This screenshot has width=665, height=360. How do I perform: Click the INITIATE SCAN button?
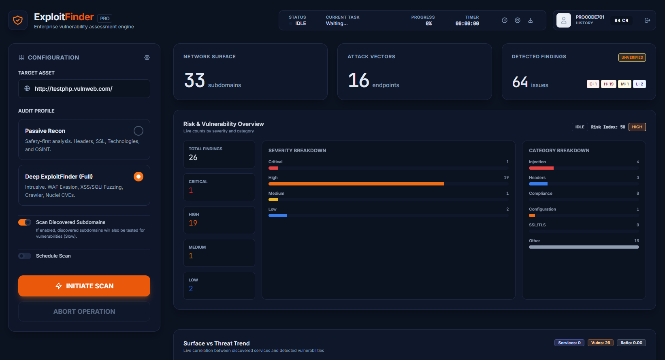click(84, 286)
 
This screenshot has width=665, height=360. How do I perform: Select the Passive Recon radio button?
click(139, 131)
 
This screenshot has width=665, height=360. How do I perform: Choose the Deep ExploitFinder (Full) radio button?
click(139, 177)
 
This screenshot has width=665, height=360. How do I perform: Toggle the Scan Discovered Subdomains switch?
click(25, 222)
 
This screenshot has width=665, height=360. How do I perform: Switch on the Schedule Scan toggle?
click(25, 256)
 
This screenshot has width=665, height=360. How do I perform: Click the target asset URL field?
click(84, 89)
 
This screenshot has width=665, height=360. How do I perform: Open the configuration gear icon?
click(147, 58)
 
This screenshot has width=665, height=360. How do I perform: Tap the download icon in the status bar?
click(531, 20)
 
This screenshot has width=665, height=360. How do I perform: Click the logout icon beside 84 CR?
click(648, 20)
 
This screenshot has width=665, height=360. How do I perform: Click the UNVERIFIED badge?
click(632, 58)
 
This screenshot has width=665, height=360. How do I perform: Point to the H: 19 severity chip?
click(608, 84)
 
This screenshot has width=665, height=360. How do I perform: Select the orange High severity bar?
click(356, 184)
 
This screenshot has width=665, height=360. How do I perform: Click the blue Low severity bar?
click(278, 215)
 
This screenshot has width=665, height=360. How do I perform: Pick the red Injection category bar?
click(541, 168)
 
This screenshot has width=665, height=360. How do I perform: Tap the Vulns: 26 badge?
click(601, 343)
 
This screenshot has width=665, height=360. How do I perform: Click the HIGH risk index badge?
click(637, 127)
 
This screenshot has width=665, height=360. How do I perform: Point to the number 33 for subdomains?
click(195, 80)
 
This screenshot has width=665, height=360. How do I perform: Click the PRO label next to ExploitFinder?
click(105, 19)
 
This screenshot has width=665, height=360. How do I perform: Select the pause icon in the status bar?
click(505, 20)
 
